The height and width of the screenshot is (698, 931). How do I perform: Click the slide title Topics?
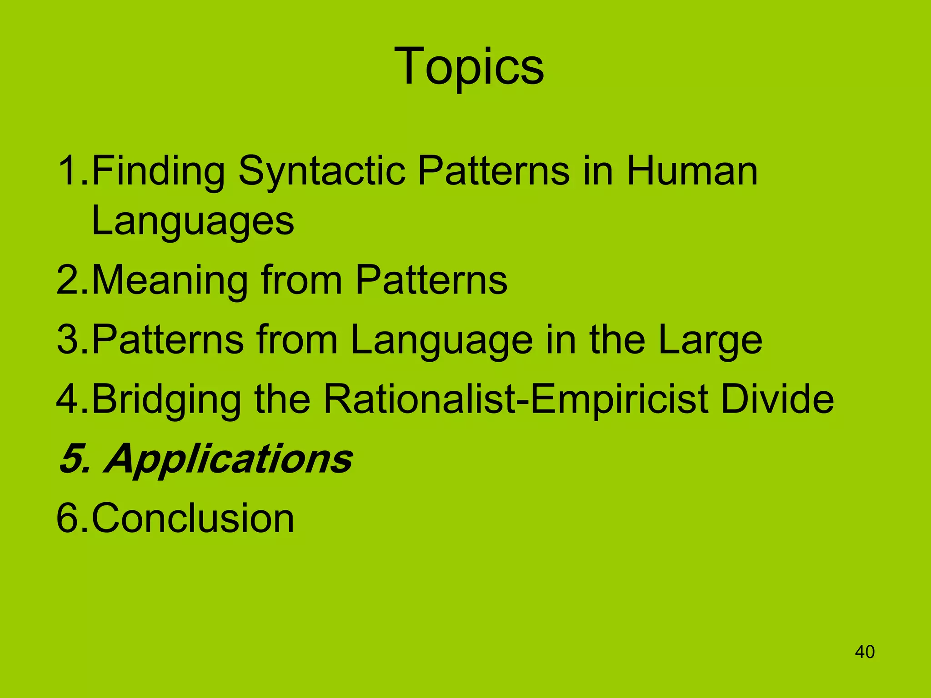click(469, 67)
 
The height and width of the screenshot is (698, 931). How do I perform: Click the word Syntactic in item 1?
click(321, 171)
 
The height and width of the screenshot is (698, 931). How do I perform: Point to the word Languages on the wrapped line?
click(193, 222)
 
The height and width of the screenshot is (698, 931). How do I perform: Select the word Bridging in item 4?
click(166, 400)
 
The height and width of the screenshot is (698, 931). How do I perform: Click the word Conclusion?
click(193, 518)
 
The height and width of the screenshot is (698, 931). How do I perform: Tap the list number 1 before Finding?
click(68, 171)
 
